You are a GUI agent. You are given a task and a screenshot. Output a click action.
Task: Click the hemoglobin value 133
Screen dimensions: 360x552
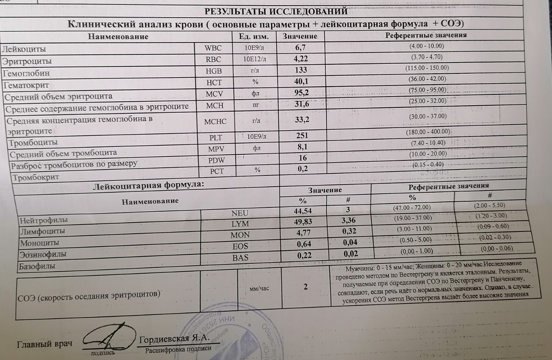click(301, 70)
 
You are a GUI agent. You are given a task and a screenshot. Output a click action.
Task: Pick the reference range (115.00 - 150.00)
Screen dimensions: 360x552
click(427, 68)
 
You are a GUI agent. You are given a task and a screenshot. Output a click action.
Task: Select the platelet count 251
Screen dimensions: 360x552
click(302, 136)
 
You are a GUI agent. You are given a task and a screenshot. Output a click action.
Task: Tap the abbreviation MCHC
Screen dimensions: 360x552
click(215, 122)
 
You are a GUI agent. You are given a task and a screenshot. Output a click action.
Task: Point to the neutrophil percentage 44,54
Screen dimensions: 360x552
click(303, 211)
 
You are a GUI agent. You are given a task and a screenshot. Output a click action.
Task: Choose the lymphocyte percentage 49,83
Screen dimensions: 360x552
click(303, 222)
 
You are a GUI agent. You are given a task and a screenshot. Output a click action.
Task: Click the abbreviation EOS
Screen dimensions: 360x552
click(240, 247)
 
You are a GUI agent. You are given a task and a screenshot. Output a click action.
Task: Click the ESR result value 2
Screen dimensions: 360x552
click(305, 287)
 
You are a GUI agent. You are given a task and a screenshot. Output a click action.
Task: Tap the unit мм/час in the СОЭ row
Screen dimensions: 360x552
click(259, 288)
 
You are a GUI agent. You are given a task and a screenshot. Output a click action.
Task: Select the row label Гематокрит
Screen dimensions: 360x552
click(26, 85)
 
